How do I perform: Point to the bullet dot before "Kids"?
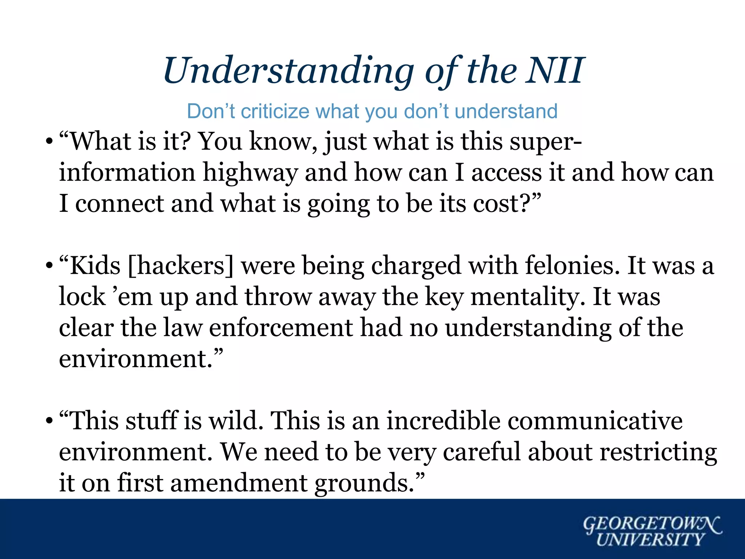(48, 266)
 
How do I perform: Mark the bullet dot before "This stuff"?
(48, 421)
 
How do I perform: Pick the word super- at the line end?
(545, 142)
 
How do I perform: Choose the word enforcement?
(280, 328)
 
